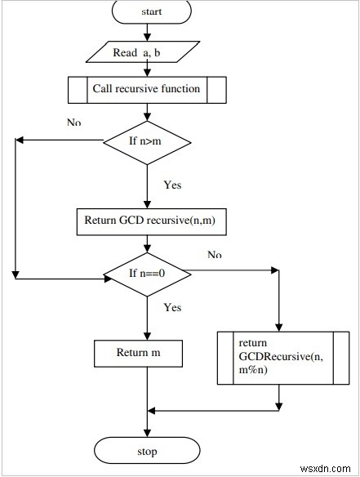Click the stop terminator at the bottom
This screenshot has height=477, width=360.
click(147, 450)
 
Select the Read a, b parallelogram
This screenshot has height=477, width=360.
click(147, 53)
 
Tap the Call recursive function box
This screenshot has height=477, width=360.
click(147, 89)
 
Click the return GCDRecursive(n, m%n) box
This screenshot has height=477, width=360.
click(279, 356)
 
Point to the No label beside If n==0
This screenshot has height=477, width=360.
click(214, 255)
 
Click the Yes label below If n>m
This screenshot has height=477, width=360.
click(172, 184)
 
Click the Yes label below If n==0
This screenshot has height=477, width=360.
click(172, 308)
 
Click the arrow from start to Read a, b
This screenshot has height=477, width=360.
click(147, 31)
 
